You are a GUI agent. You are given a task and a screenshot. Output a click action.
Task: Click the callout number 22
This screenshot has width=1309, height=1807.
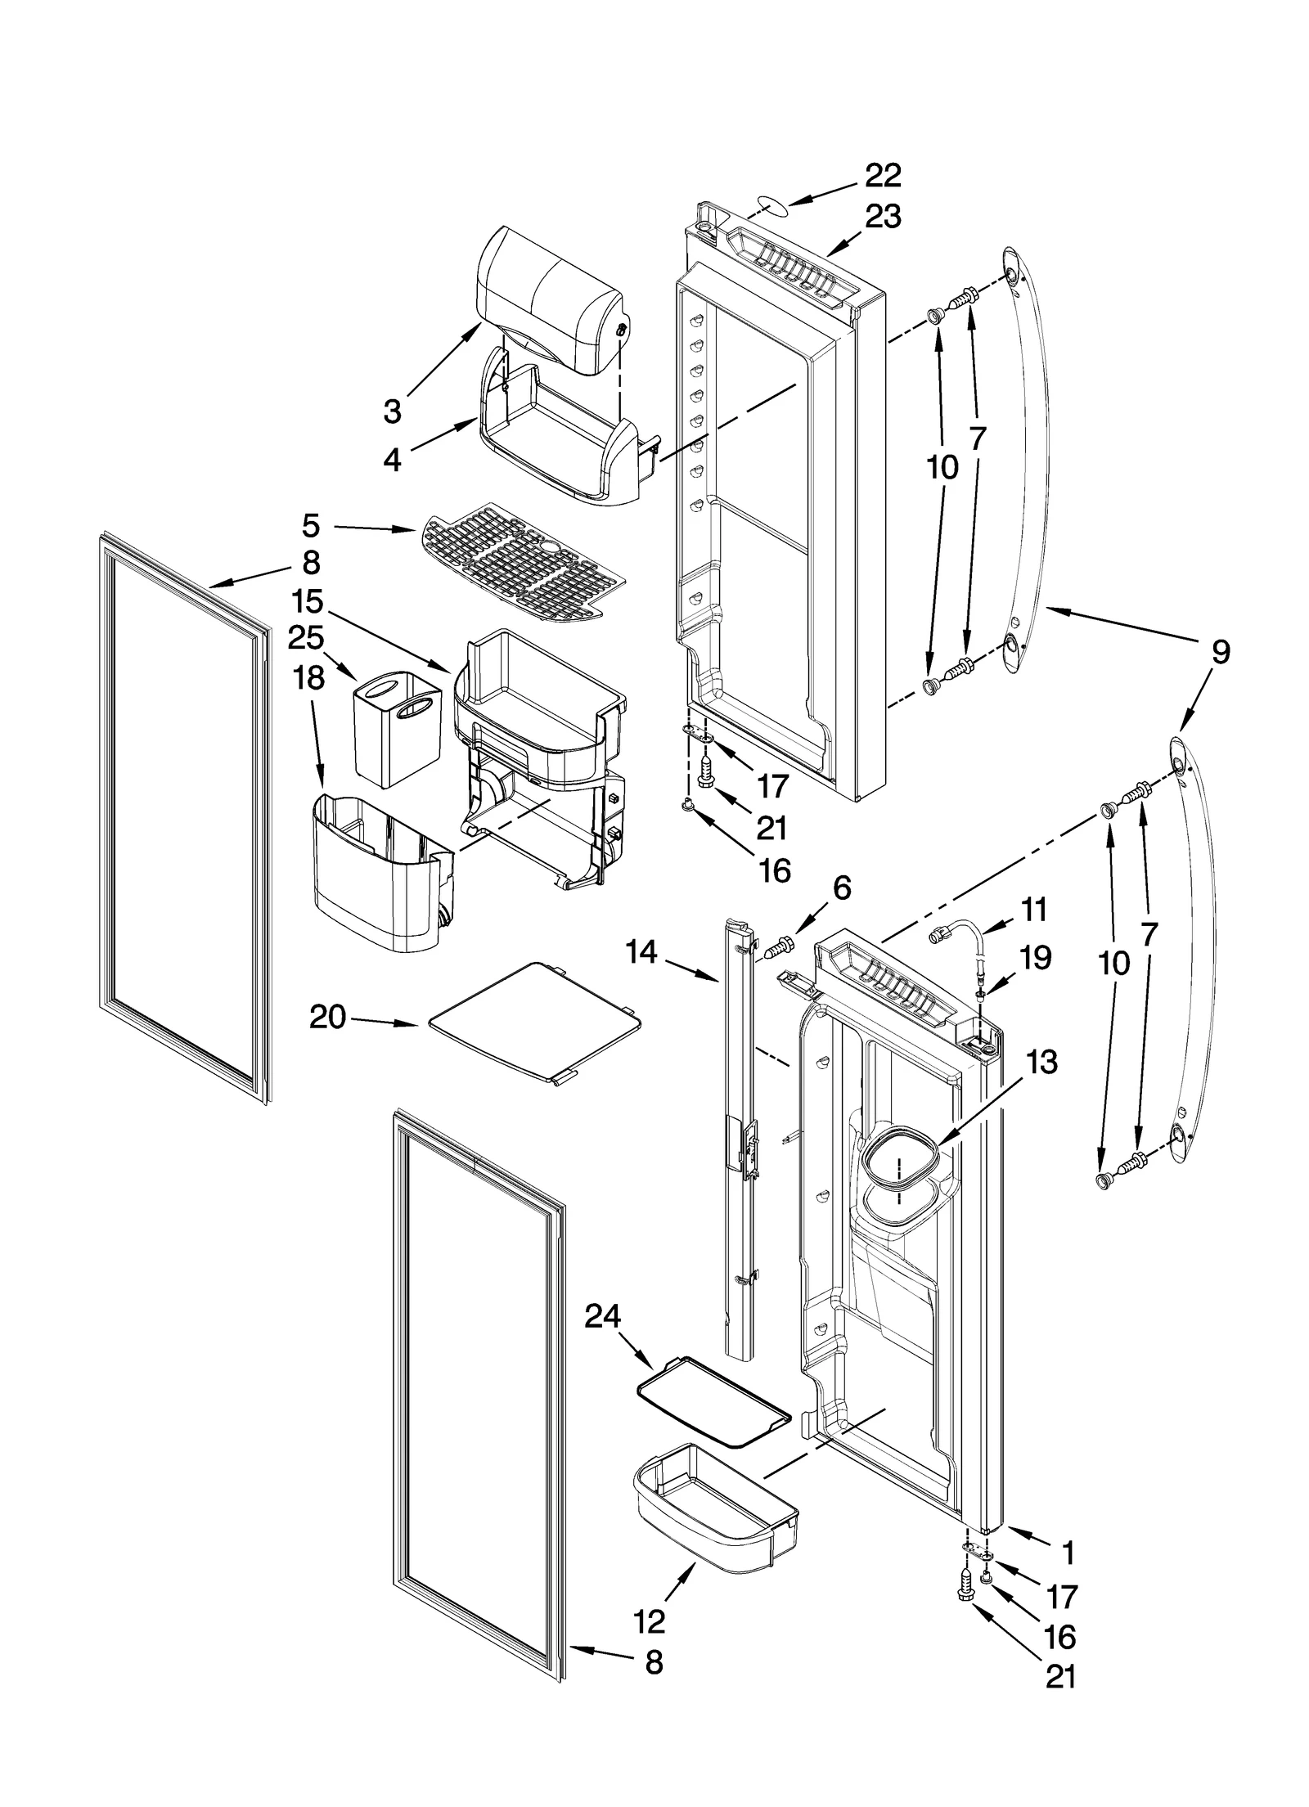[883, 175]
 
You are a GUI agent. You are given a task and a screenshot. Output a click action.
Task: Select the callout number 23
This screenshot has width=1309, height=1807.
[883, 217]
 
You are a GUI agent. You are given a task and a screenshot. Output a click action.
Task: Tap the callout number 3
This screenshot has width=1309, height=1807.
[393, 411]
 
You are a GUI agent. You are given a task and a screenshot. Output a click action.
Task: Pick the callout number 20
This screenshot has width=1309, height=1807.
[327, 1018]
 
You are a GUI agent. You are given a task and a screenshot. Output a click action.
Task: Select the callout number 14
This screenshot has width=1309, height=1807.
[642, 952]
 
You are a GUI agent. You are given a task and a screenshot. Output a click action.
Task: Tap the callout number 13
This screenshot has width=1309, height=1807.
[1041, 1063]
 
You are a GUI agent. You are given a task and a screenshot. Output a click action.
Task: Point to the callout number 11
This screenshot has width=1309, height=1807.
[1034, 910]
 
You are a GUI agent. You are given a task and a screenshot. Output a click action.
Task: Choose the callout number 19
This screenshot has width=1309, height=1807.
[1036, 957]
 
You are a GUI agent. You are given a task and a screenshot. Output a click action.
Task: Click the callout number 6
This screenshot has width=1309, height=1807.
[842, 888]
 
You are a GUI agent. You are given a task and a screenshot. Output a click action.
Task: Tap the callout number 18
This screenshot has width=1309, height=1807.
[309, 677]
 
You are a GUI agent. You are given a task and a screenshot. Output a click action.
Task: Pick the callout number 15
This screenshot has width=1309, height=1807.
[305, 601]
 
